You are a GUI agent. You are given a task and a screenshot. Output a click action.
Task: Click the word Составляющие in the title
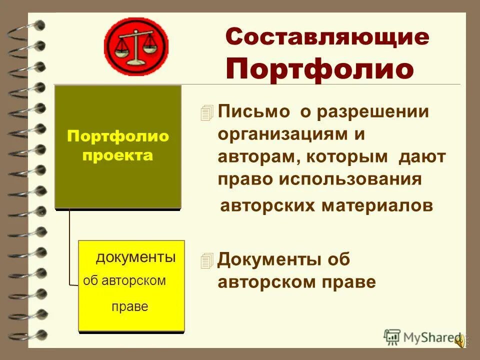(x=327, y=38)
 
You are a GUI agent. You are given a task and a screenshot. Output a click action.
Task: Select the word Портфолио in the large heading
(x=320, y=69)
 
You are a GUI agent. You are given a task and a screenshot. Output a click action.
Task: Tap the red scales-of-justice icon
(x=136, y=46)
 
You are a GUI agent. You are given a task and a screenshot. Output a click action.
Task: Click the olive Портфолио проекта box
(x=118, y=146)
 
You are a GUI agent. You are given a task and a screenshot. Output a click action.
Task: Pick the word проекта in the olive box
(x=118, y=155)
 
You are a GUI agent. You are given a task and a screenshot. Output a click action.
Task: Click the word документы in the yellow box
(x=135, y=258)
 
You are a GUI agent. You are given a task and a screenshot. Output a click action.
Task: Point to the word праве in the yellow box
(x=130, y=306)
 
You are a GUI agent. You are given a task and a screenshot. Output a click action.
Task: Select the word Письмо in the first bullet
(x=254, y=112)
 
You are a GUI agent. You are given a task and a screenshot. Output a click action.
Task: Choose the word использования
(x=350, y=179)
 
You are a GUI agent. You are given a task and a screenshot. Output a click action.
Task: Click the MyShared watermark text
(x=430, y=337)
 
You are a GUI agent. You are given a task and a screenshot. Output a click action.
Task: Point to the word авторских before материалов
(x=267, y=205)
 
